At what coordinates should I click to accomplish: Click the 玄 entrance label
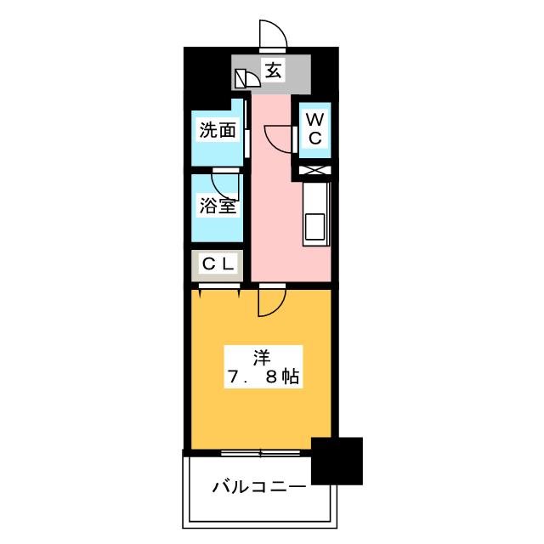pos(273,71)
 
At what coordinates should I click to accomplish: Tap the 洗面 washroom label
pos(218,130)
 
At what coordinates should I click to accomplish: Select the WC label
pos(314,129)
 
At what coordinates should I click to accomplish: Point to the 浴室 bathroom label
pos(218,206)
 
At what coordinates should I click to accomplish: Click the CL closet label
pos(218,264)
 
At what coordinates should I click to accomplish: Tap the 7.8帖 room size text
pos(263,376)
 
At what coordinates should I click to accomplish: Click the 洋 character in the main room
pos(262,358)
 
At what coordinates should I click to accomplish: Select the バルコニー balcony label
pos(259,487)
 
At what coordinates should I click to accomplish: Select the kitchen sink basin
pos(314,226)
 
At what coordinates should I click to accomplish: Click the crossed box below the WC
pos(314,170)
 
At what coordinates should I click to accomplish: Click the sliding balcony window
pos(261,453)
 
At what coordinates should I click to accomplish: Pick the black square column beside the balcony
pos(337,461)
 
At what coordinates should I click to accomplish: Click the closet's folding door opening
pos(219,287)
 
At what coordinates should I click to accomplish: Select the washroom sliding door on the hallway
pos(246,129)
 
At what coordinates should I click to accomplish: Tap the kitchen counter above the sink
pos(315,198)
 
